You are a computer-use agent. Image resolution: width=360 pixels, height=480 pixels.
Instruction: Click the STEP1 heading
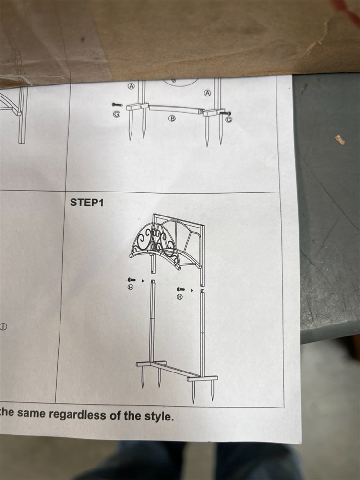click(x=87, y=203)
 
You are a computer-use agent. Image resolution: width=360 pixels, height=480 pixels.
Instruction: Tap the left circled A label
click(x=132, y=86)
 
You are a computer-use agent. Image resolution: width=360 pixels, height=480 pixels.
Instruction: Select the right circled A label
click(x=208, y=93)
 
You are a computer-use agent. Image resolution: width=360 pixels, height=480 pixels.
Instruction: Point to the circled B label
click(x=172, y=118)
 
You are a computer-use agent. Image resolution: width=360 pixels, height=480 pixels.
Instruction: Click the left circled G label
click(x=117, y=114)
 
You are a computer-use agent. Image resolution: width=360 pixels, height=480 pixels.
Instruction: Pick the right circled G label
click(x=228, y=120)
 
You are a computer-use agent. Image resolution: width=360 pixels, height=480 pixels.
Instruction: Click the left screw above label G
click(x=117, y=105)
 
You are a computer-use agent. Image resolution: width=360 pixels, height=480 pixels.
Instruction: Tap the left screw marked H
click(x=132, y=280)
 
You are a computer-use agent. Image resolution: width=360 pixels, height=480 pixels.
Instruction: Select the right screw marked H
click(x=180, y=289)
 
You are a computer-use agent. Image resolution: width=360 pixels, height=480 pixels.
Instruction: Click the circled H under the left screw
click(x=131, y=287)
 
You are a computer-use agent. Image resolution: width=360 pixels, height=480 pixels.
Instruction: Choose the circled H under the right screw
click(x=180, y=296)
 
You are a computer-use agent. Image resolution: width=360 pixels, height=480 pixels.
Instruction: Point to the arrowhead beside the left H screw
click(x=143, y=280)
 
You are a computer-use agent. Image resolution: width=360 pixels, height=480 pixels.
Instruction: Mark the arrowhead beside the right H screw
click(x=192, y=290)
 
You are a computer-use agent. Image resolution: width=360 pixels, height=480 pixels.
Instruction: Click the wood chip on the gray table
click(x=339, y=140)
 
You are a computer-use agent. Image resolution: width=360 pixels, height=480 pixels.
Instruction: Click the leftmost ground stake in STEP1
click(x=143, y=377)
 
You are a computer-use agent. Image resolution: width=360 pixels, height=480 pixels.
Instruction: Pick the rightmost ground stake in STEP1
click(x=213, y=390)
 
